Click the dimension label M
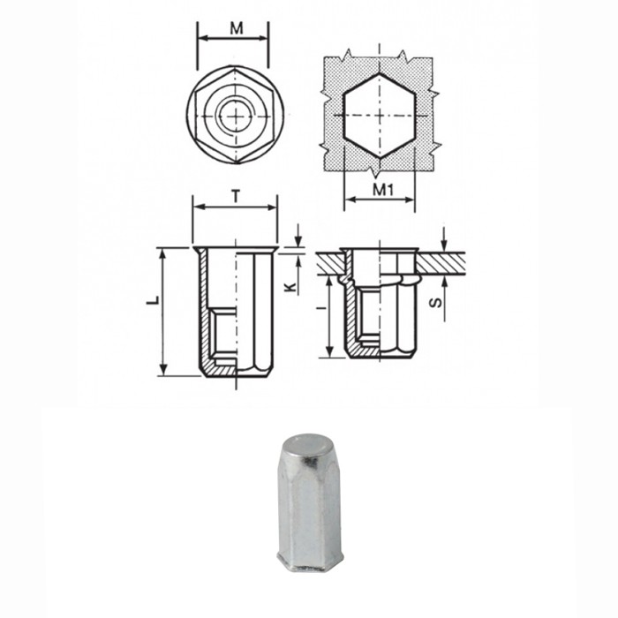[236, 27]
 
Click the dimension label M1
[381, 189]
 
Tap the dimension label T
[236, 196]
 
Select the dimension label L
[153, 301]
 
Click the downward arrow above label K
[298, 236]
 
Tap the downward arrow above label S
[445, 237]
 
